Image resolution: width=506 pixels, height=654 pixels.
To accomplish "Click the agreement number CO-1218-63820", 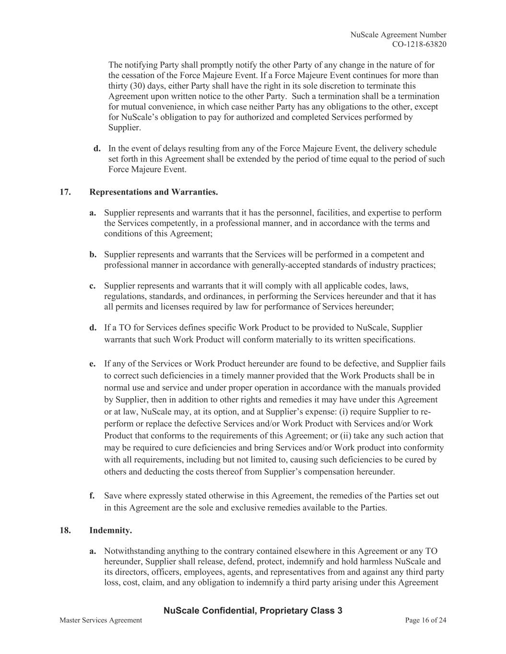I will click(419, 45).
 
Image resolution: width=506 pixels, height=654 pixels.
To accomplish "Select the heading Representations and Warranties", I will click(153, 192).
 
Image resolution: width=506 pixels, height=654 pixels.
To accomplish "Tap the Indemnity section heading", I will click(110, 530).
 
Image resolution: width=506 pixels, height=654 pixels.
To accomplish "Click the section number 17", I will click(65, 192).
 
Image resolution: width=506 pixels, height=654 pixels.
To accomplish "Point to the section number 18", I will click(65, 530).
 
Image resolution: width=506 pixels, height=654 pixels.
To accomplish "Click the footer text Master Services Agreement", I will click(101, 620).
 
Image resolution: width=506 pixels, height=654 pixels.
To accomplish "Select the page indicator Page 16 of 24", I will click(425, 620).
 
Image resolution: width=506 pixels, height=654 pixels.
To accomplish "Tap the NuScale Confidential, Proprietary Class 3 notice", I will click(253, 610).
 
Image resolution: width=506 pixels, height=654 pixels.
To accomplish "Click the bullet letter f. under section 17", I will click(92, 496).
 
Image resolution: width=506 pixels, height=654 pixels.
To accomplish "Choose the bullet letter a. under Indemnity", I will click(93, 551).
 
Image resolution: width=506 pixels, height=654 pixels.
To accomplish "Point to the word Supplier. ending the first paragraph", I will click(125, 128).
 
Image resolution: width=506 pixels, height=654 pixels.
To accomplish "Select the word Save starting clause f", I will click(113, 496).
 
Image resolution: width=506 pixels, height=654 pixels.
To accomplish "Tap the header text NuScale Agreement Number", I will click(398, 34).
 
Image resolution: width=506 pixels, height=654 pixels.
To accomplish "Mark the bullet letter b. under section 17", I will click(93, 254).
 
